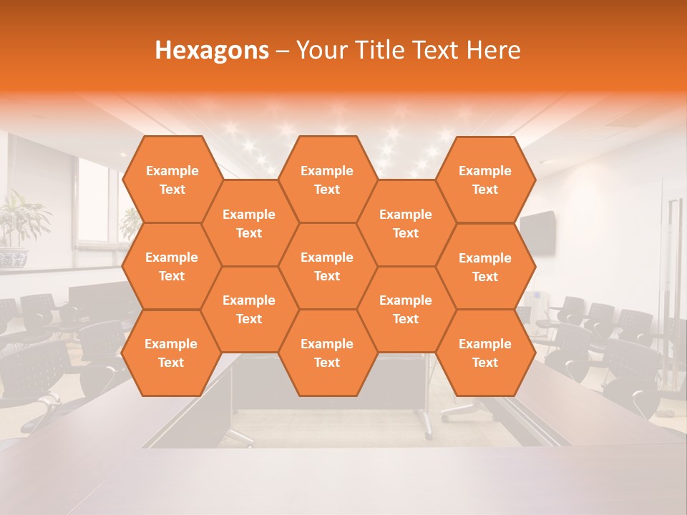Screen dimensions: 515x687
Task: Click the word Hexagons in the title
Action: coord(212,50)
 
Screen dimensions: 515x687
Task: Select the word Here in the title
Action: coord(493,50)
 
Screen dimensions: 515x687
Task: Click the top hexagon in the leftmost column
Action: coord(172,180)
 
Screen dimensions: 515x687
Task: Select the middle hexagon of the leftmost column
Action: coord(172,266)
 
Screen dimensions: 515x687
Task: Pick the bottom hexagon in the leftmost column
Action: coord(172,353)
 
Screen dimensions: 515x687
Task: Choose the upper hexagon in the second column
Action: coord(249,223)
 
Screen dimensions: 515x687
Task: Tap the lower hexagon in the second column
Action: coord(249,309)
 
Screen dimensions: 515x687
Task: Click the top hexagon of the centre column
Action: coord(327,180)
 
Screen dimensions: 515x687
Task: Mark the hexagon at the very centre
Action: coord(327,266)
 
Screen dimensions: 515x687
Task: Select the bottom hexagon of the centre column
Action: coord(327,353)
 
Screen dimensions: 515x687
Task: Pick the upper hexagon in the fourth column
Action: coord(406,223)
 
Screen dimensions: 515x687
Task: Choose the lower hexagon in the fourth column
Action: coord(406,309)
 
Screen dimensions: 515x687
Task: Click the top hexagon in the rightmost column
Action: coord(485,180)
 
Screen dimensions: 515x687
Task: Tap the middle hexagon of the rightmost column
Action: coord(485,267)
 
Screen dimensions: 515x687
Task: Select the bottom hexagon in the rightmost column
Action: coord(485,353)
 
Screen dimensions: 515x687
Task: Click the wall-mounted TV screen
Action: coord(538,232)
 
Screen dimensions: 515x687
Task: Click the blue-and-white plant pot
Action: coord(12,258)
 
